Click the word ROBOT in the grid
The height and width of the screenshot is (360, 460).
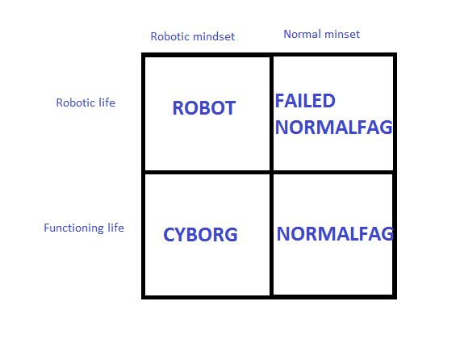point(204,107)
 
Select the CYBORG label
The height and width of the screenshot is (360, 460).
point(200,234)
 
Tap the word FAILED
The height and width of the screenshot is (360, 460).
point(305,101)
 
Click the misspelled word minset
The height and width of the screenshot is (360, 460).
point(342,34)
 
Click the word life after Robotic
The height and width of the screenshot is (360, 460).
point(107,103)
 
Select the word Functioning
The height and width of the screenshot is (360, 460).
point(73,228)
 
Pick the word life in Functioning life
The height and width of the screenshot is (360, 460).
point(115,228)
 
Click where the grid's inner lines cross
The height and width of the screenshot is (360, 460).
point(271,172)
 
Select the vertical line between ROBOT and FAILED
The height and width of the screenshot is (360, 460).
point(271,114)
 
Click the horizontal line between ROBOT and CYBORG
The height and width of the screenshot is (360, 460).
point(207,172)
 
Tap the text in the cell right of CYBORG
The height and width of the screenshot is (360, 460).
point(335,234)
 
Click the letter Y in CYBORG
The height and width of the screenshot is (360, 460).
point(180,234)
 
